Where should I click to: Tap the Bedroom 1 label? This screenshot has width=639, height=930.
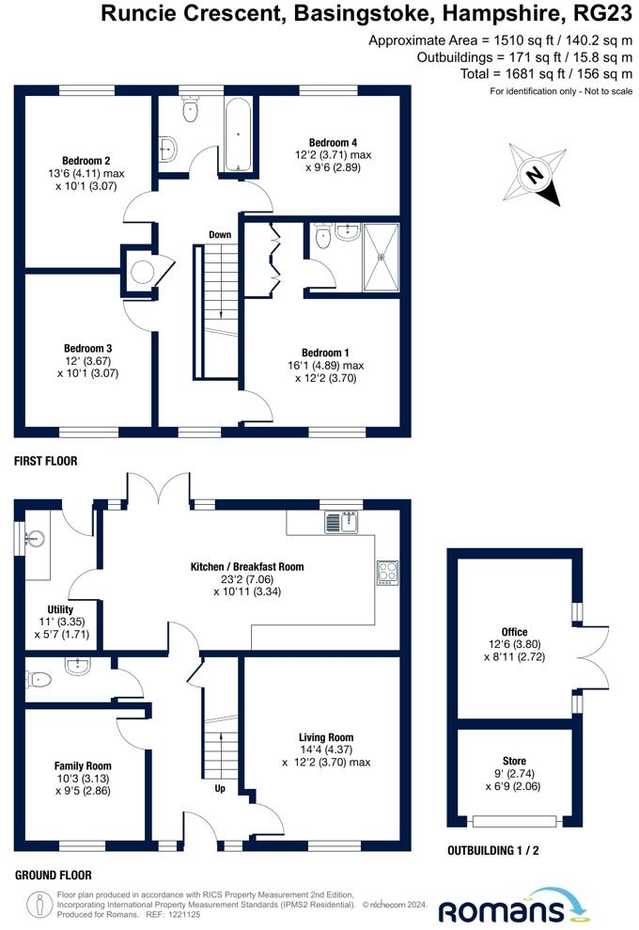coord(325,353)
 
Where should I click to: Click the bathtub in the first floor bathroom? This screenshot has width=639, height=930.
coord(239,134)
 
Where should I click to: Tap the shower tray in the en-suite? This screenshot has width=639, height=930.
coord(381,255)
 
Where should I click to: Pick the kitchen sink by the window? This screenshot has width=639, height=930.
coord(345,522)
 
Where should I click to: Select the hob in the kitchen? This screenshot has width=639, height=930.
coord(386,572)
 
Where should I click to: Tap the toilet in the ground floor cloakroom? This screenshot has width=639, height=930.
coord(39,679)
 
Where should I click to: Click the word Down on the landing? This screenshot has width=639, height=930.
coord(220,235)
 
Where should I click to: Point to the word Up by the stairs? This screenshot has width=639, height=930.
coord(220,789)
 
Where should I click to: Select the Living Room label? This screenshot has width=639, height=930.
coord(326,737)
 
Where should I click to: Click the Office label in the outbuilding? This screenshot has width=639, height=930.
coord(514,632)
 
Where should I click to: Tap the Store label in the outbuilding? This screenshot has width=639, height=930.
coord(514,763)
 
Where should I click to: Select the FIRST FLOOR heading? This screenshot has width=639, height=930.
coord(45,462)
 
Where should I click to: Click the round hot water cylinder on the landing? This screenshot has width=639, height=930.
coord(142,273)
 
